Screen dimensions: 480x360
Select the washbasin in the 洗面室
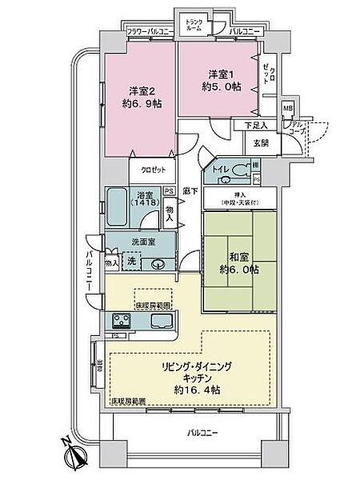[158, 263]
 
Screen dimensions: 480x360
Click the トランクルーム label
[194, 24]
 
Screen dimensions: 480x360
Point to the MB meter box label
[289, 110]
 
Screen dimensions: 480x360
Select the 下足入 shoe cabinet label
[254, 125]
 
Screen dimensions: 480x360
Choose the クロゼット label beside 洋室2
[153, 170]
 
